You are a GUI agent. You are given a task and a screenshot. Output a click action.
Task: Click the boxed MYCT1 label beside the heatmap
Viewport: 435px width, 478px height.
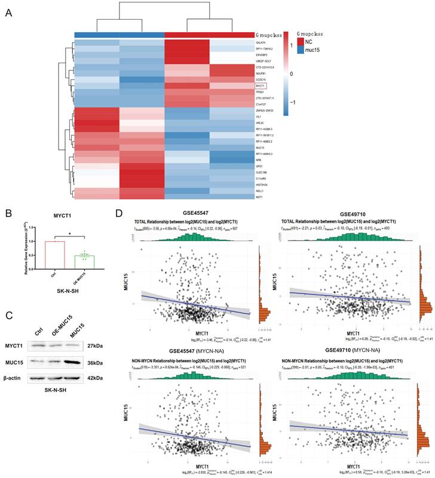[260, 86]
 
